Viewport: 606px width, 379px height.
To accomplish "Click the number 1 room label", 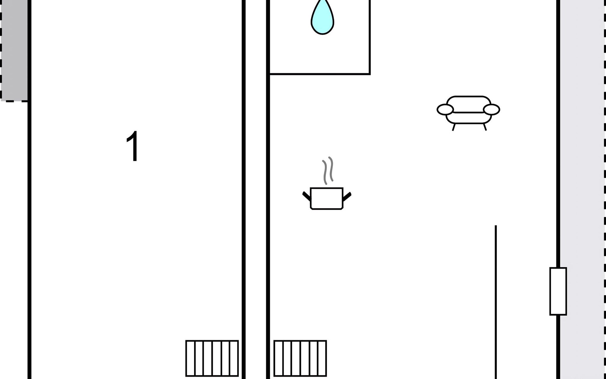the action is coord(133,146).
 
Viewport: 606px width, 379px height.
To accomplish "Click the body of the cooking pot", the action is coord(327,199).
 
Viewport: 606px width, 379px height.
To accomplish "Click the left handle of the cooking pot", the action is coord(306,196).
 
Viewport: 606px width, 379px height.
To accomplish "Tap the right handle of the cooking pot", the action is coord(347,196).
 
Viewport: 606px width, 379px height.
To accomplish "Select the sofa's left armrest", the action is coord(445,110).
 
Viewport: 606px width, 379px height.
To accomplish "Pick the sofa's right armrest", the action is coord(491,110).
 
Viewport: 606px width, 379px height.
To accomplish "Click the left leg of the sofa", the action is coord(454,127).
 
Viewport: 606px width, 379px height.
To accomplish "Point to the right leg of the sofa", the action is coord(485,127).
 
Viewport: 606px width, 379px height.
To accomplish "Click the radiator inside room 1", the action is coord(212,358).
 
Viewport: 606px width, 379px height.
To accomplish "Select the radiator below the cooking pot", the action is coord(300,358).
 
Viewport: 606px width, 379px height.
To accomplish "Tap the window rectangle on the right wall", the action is coord(558,291).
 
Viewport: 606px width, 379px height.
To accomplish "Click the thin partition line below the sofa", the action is coord(496,302).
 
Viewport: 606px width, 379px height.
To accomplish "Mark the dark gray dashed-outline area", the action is coord(14,51).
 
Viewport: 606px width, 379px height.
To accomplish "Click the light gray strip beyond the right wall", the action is coord(583,189).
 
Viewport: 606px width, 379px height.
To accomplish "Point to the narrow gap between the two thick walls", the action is coord(256,189).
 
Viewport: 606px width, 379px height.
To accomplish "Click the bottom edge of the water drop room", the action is coord(319,74).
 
